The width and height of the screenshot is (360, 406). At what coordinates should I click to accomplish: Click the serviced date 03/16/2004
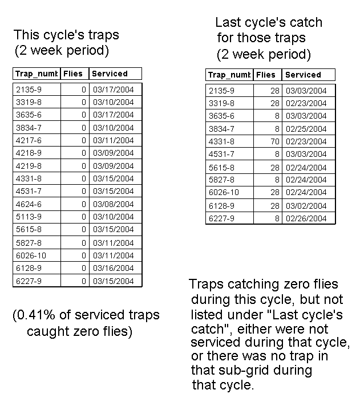(113, 268)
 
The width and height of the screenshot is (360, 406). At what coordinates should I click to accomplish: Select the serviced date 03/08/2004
(113, 204)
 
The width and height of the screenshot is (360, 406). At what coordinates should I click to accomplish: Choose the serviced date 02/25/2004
(306, 129)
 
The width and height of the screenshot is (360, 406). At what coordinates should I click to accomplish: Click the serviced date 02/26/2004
(306, 218)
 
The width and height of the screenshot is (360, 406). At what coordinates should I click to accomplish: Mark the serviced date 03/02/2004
(306, 206)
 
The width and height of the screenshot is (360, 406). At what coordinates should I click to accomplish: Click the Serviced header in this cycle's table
(110, 74)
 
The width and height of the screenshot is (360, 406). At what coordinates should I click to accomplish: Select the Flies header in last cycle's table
(266, 75)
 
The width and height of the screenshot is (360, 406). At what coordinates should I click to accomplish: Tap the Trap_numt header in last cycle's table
(229, 75)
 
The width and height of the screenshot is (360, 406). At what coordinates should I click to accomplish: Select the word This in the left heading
(26, 35)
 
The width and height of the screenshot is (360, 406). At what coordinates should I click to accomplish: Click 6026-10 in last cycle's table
(224, 193)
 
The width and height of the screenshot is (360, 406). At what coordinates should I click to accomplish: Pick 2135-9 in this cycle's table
(28, 90)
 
